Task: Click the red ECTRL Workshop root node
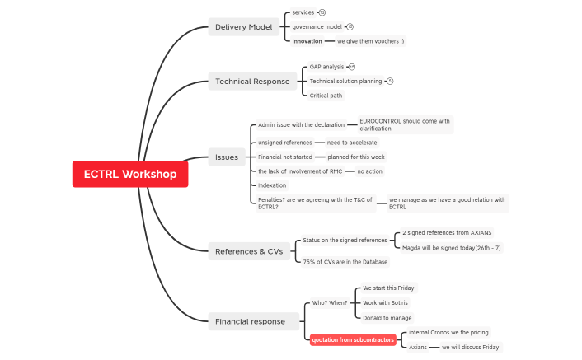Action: (x=129, y=174)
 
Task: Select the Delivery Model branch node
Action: (x=243, y=27)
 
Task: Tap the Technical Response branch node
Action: (x=252, y=82)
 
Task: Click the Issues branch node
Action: (x=226, y=157)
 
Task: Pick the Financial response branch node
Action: (x=250, y=321)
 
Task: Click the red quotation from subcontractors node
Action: (x=353, y=339)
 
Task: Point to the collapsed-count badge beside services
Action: (x=322, y=12)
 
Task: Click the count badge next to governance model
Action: (x=350, y=26)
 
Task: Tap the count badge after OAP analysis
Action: (x=352, y=67)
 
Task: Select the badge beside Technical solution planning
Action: (x=390, y=81)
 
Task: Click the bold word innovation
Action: (x=307, y=41)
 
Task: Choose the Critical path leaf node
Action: (x=326, y=96)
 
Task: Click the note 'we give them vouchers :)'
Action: (x=370, y=41)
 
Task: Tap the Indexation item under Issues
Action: (x=272, y=185)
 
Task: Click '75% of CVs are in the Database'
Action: (x=345, y=261)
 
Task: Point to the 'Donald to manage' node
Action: (x=387, y=317)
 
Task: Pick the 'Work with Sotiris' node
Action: (x=387, y=302)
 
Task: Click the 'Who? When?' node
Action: (x=329, y=302)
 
